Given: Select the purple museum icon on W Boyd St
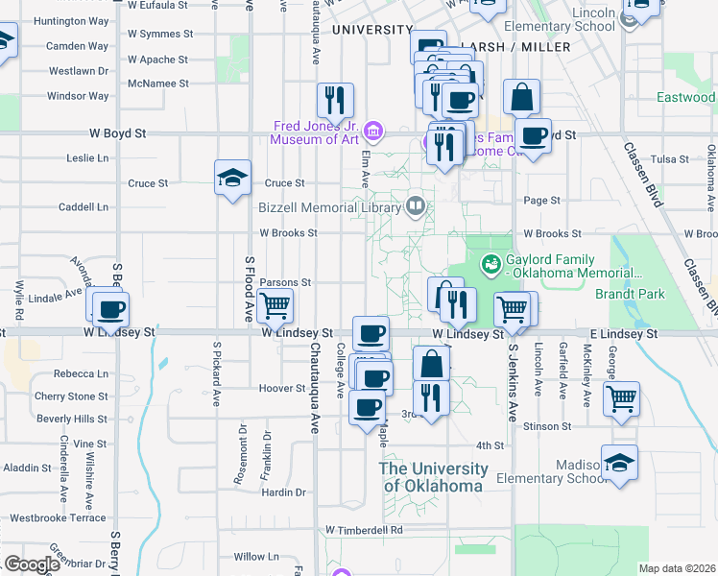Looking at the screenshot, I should click(x=375, y=130).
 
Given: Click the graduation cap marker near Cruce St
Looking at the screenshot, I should click(x=232, y=178).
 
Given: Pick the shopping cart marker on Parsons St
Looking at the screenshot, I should click(x=275, y=306).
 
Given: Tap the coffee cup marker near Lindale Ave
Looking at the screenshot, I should click(x=111, y=308).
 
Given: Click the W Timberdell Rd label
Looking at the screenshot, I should click(x=363, y=529).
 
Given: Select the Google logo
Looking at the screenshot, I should click(x=33, y=564).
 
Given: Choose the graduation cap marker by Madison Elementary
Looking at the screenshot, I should click(x=619, y=464).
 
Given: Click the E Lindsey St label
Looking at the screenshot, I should click(x=623, y=333).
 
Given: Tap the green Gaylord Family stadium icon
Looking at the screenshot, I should click(x=491, y=261).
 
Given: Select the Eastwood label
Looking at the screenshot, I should click(x=685, y=97).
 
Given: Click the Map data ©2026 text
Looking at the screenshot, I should click(x=677, y=568).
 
